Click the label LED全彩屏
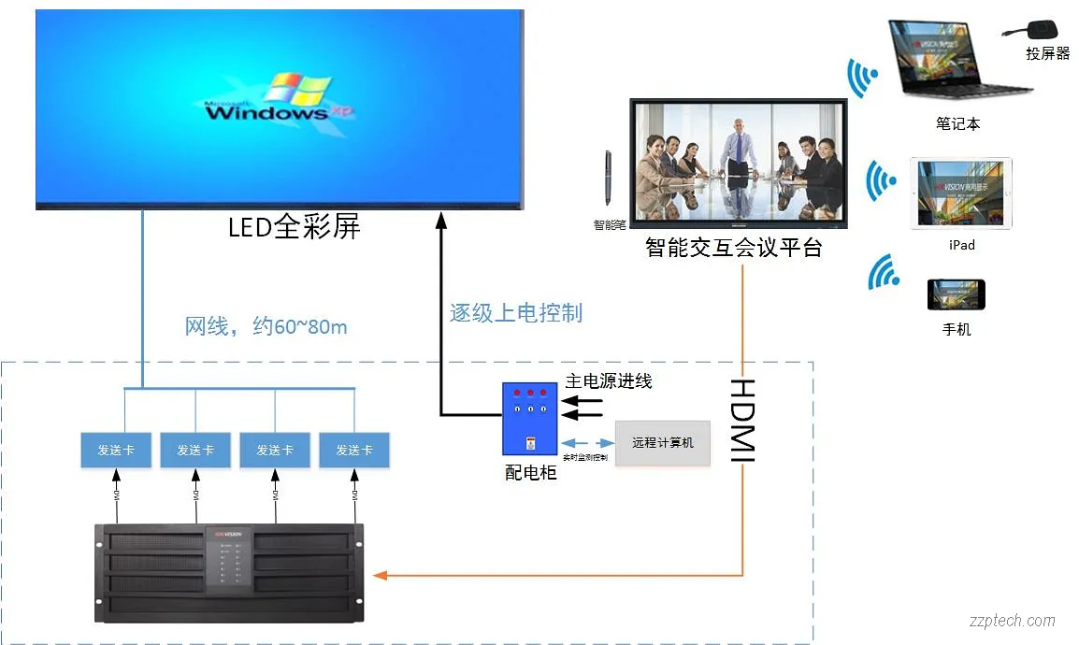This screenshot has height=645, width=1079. (295, 226)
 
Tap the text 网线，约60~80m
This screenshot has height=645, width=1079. (266, 326)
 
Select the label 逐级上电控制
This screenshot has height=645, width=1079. (516, 313)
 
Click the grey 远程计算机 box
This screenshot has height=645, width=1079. (662, 442)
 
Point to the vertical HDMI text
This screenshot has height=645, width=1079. (741, 421)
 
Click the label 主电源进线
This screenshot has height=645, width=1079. (609, 380)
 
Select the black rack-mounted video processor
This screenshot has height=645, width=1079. (230, 573)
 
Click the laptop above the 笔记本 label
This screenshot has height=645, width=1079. (957, 61)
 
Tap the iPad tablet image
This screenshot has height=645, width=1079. (960, 193)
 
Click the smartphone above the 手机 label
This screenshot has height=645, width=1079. (956, 294)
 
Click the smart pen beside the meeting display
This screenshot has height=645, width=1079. (607, 177)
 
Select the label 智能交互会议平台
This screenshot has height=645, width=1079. (734, 248)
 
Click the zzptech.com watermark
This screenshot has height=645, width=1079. (1011, 620)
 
